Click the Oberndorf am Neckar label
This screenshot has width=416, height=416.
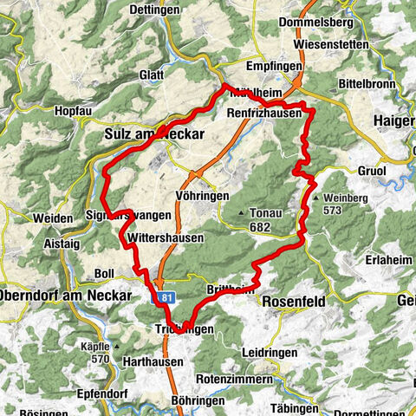pyautogui.click(x=65, y=296)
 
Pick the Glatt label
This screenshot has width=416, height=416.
pyautogui.click(x=151, y=75)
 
